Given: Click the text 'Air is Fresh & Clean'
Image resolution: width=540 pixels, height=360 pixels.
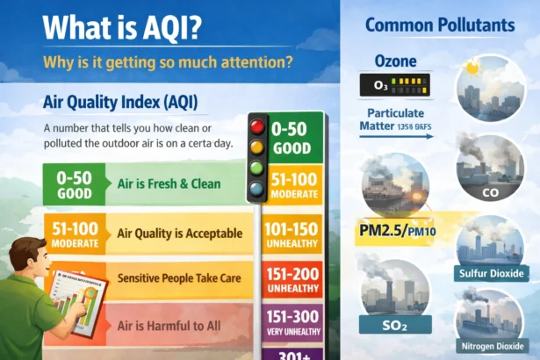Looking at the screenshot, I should [x=169, y=184].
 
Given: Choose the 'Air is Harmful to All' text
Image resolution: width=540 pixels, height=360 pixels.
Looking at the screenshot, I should [x=169, y=326].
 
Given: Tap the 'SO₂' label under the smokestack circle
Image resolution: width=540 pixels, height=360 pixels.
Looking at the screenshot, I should [x=395, y=325].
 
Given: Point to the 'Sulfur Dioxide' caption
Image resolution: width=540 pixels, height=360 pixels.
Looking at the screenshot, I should [x=492, y=274].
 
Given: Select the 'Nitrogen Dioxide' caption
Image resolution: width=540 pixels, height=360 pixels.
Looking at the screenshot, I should [x=492, y=346].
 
